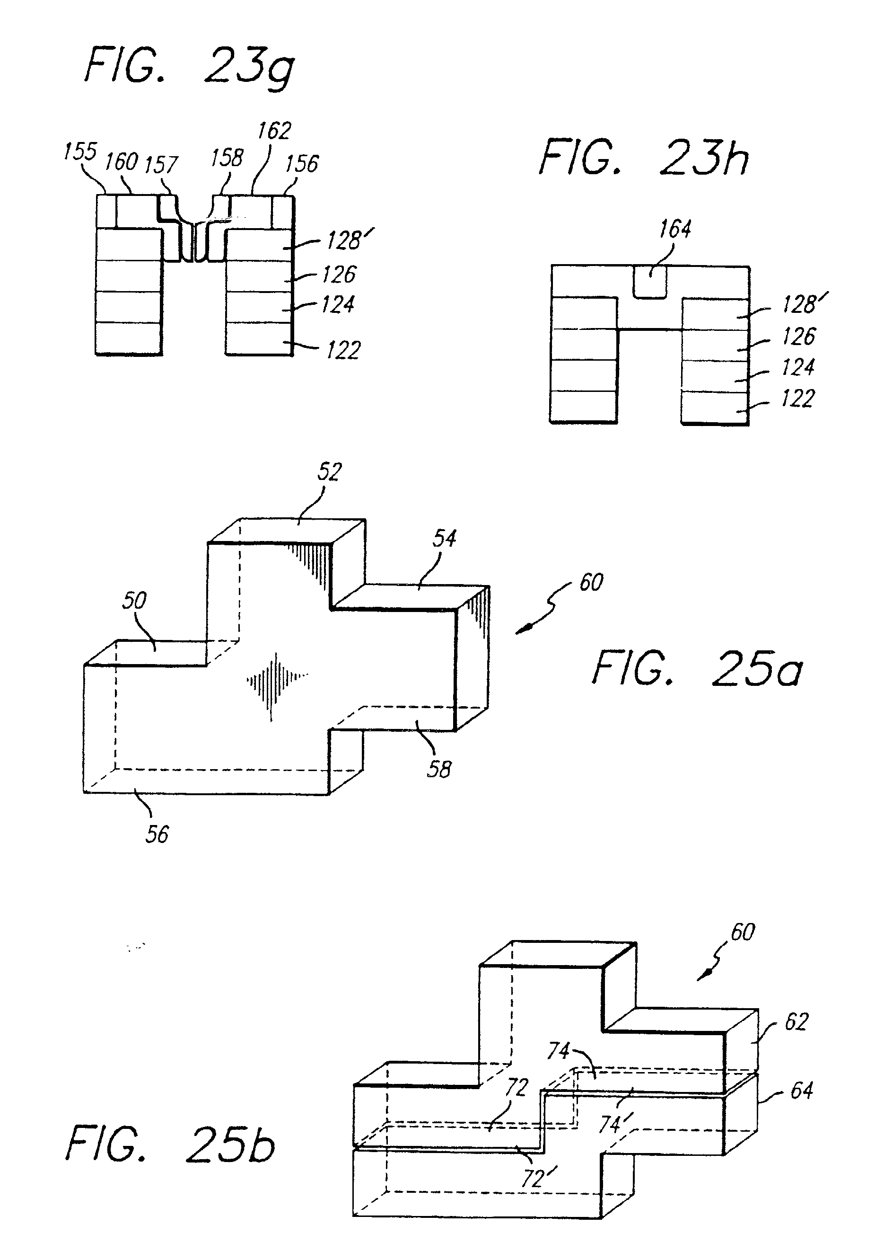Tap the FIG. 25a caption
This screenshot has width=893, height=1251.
(697, 668)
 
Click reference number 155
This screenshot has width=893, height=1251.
(80, 151)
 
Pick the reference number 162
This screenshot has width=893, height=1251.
(274, 131)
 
